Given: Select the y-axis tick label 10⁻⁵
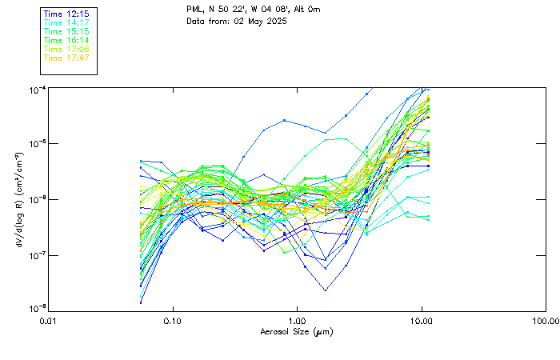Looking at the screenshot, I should pos(36,143).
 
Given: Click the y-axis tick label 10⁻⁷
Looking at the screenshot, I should pos(36,254).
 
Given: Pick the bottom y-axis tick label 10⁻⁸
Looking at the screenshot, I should pos(36,309).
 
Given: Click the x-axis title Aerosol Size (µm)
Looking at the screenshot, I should pos(297,331).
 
